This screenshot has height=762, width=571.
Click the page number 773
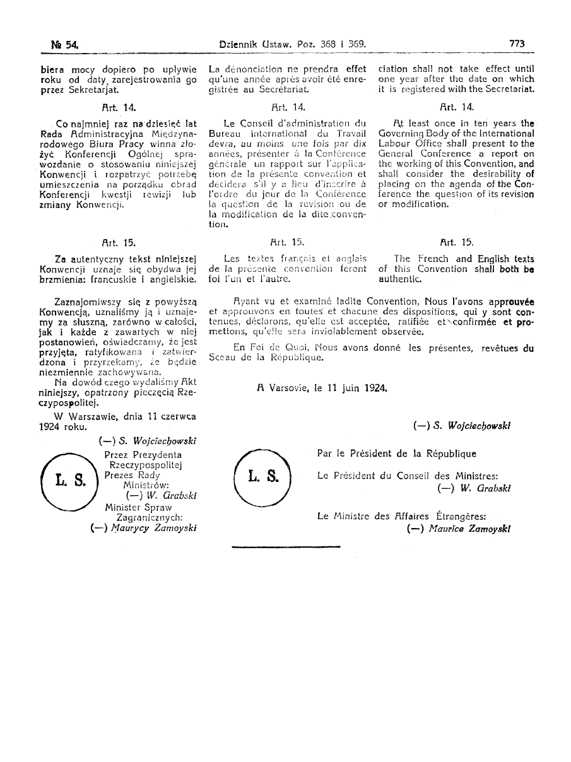coord(517,45)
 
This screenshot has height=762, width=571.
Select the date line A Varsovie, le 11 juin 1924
coord(322,389)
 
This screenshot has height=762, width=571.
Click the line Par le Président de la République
coord(397,454)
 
